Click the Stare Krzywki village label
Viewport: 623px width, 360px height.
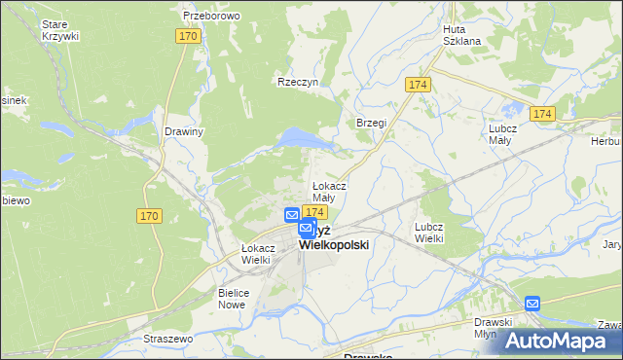click(60, 28)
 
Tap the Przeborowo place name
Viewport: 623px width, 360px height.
click(211, 17)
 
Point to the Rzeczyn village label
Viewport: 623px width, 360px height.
click(298, 83)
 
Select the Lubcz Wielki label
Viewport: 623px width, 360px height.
click(428, 232)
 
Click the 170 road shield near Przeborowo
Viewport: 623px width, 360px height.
click(189, 36)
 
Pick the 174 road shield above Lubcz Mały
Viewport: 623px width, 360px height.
click(542, 115)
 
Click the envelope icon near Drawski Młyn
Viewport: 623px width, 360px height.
click(532, 304)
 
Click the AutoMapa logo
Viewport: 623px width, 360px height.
click(560, 341)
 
